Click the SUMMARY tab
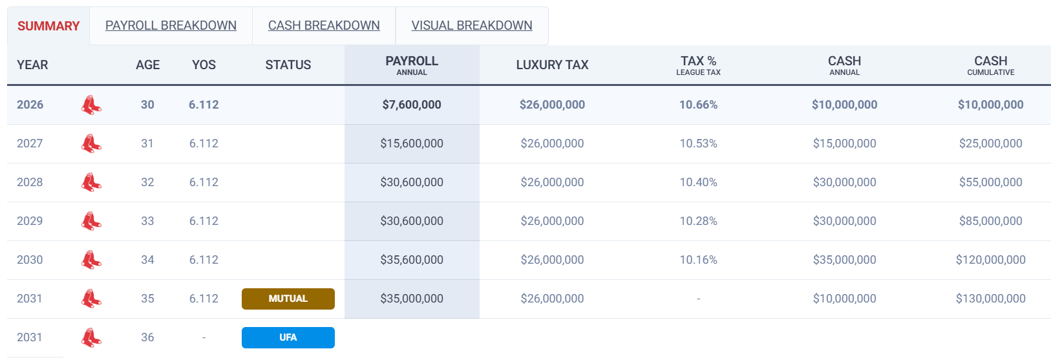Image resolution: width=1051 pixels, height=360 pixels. click(48, 26)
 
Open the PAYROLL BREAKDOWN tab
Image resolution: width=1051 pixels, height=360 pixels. click(171, 25)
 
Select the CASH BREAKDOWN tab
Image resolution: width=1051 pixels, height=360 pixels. click(324, 25)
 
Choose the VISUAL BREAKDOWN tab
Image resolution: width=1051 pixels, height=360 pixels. click(472, 25)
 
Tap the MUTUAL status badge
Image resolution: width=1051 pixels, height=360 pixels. click(288, 299)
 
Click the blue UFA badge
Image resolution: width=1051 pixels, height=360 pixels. click(288, 337)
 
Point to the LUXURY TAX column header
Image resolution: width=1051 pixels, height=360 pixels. click(552, 65)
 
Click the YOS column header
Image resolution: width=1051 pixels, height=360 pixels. click(204, 65)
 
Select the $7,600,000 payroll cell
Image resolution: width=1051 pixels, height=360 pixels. click(412, 105)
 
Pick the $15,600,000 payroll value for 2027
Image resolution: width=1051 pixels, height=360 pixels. click(412, 143)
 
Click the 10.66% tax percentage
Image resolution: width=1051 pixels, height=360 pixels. click(698, 105)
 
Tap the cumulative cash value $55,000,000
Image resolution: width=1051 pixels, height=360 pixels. click(990, 182)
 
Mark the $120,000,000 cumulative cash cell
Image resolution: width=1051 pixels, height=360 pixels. click(990, 260)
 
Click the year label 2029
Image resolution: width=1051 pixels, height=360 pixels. click(30, 221)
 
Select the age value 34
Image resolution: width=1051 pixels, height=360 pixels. click(147, 260)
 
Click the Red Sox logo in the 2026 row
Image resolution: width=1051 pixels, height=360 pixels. click(91, 105)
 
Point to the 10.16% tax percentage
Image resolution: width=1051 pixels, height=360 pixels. click(698, 260)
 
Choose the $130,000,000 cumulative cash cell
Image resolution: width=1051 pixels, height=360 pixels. click(990, 299)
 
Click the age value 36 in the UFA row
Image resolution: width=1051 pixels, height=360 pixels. click(147, 337)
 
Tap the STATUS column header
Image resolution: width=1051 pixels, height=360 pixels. click(288, 65)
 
